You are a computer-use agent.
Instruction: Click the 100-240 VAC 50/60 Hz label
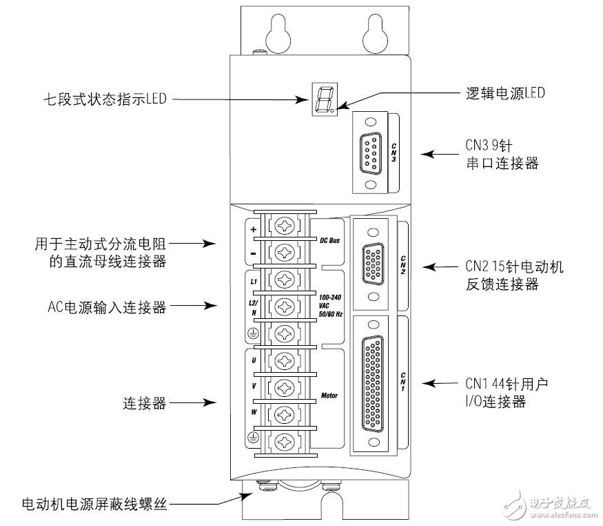click(331, 307)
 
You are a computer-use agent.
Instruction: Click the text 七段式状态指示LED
click(104, 99)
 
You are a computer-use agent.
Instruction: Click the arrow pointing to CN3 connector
click(434, 155)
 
